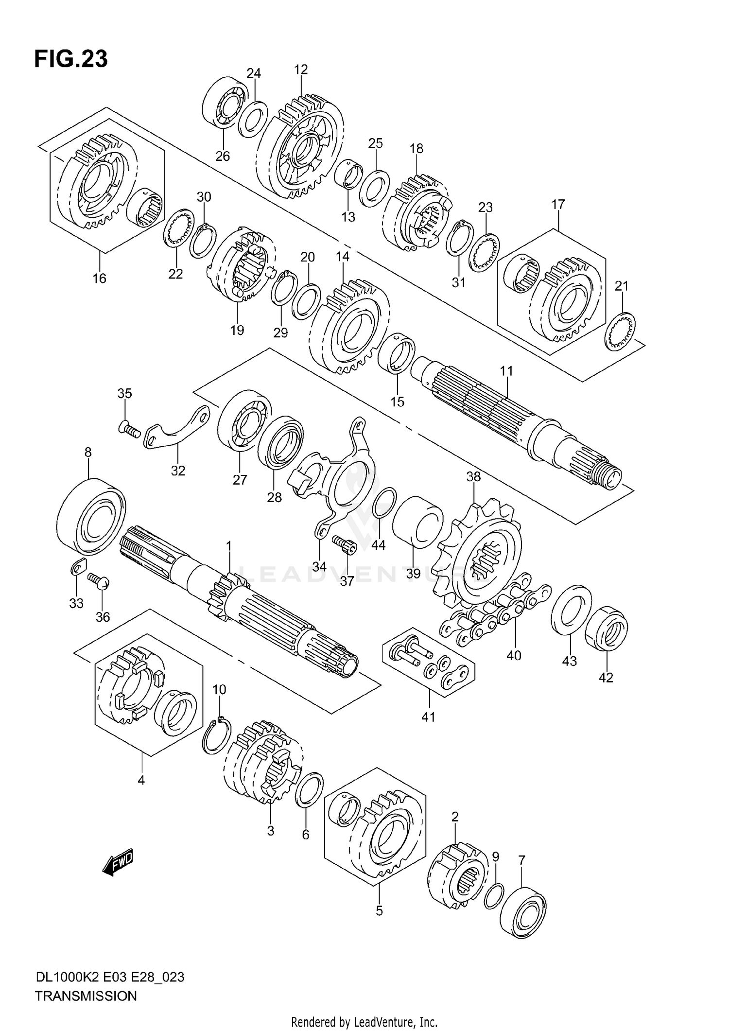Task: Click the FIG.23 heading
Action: click(71, 59)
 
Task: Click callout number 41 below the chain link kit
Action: click(428, 717)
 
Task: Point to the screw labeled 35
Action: click(128, 429)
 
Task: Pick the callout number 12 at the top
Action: click(301, 70)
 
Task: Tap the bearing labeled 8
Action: click(90, 515)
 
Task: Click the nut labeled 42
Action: click(606, 628)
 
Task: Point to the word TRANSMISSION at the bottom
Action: click(86, 996)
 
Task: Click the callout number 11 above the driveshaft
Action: click(506, 371)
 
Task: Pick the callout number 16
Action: click(99, 279)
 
